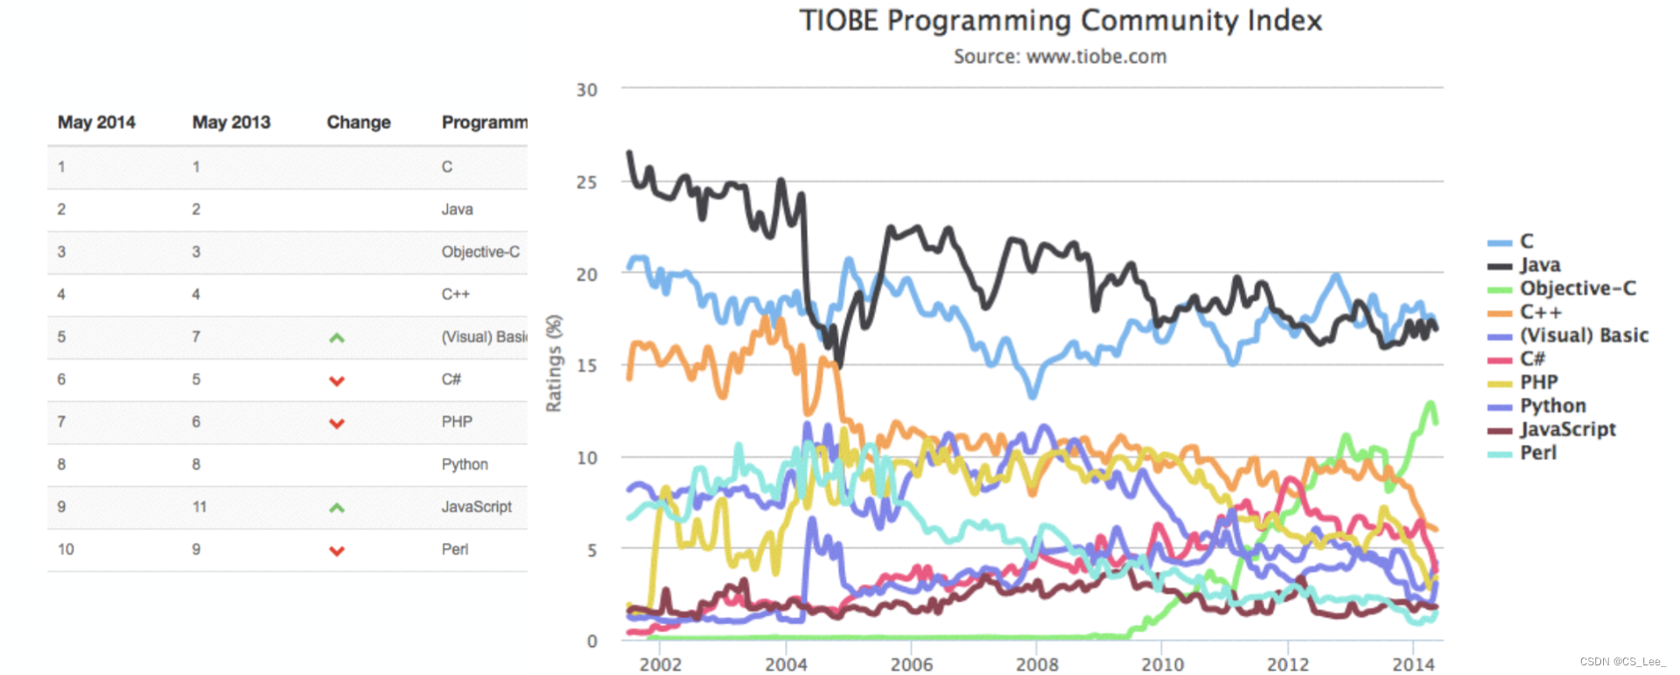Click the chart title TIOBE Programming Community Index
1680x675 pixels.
1060,20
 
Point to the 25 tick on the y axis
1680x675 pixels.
586,182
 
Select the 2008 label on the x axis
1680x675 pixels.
1037,664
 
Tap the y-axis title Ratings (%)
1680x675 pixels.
553,363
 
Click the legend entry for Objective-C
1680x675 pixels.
1577,288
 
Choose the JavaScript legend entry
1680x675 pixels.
1567,429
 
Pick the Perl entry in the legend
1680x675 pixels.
1537,453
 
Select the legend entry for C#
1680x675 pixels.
1532,358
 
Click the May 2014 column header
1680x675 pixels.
96,123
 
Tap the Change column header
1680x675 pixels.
359,123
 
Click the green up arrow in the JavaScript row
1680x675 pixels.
337,508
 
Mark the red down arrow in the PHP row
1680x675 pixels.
337,423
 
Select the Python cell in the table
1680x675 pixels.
465,465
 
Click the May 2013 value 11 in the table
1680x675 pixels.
199,507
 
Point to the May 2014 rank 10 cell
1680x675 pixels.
66,550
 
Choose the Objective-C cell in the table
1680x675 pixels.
480,252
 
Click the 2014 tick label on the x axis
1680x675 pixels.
1413,664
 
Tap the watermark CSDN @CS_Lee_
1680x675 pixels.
1622,662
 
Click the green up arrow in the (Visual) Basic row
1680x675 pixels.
337,338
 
